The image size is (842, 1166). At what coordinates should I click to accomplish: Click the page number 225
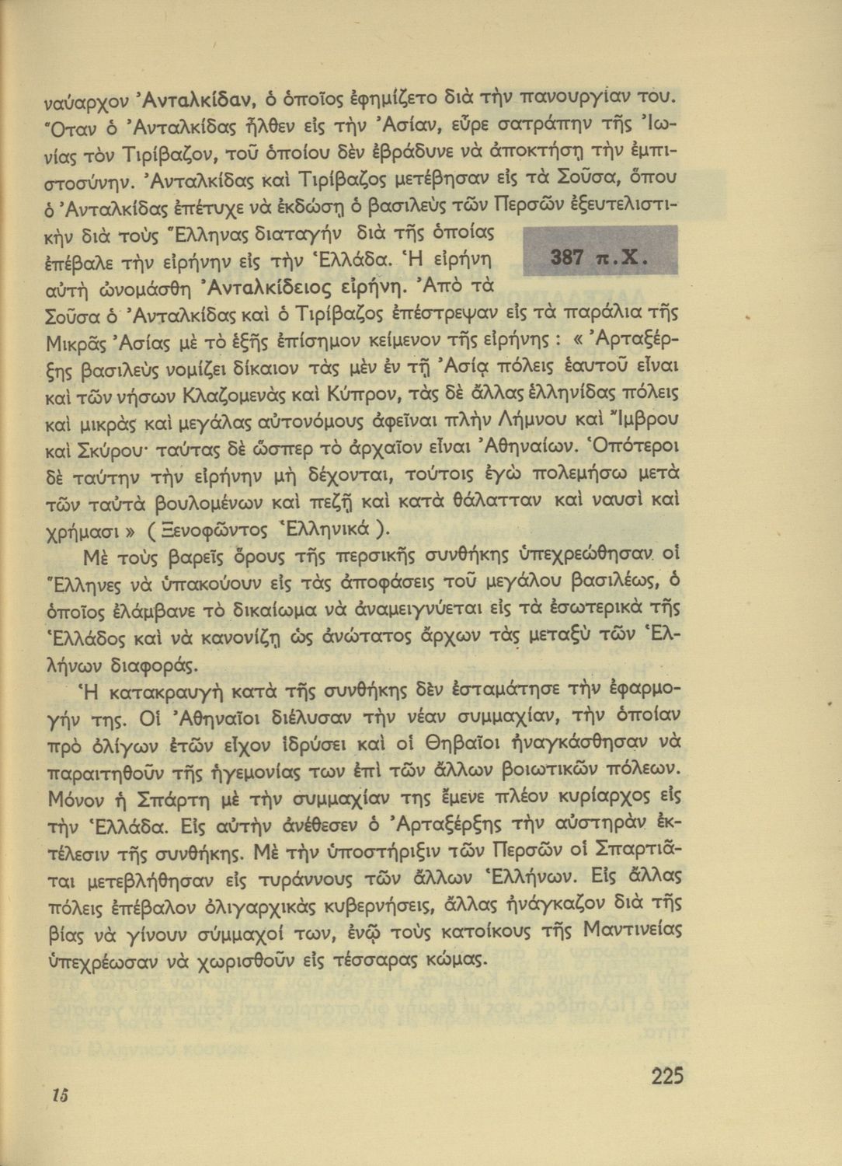[x=667, y=1076]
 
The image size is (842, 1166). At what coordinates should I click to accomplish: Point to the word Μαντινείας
[x=632, y=930]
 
